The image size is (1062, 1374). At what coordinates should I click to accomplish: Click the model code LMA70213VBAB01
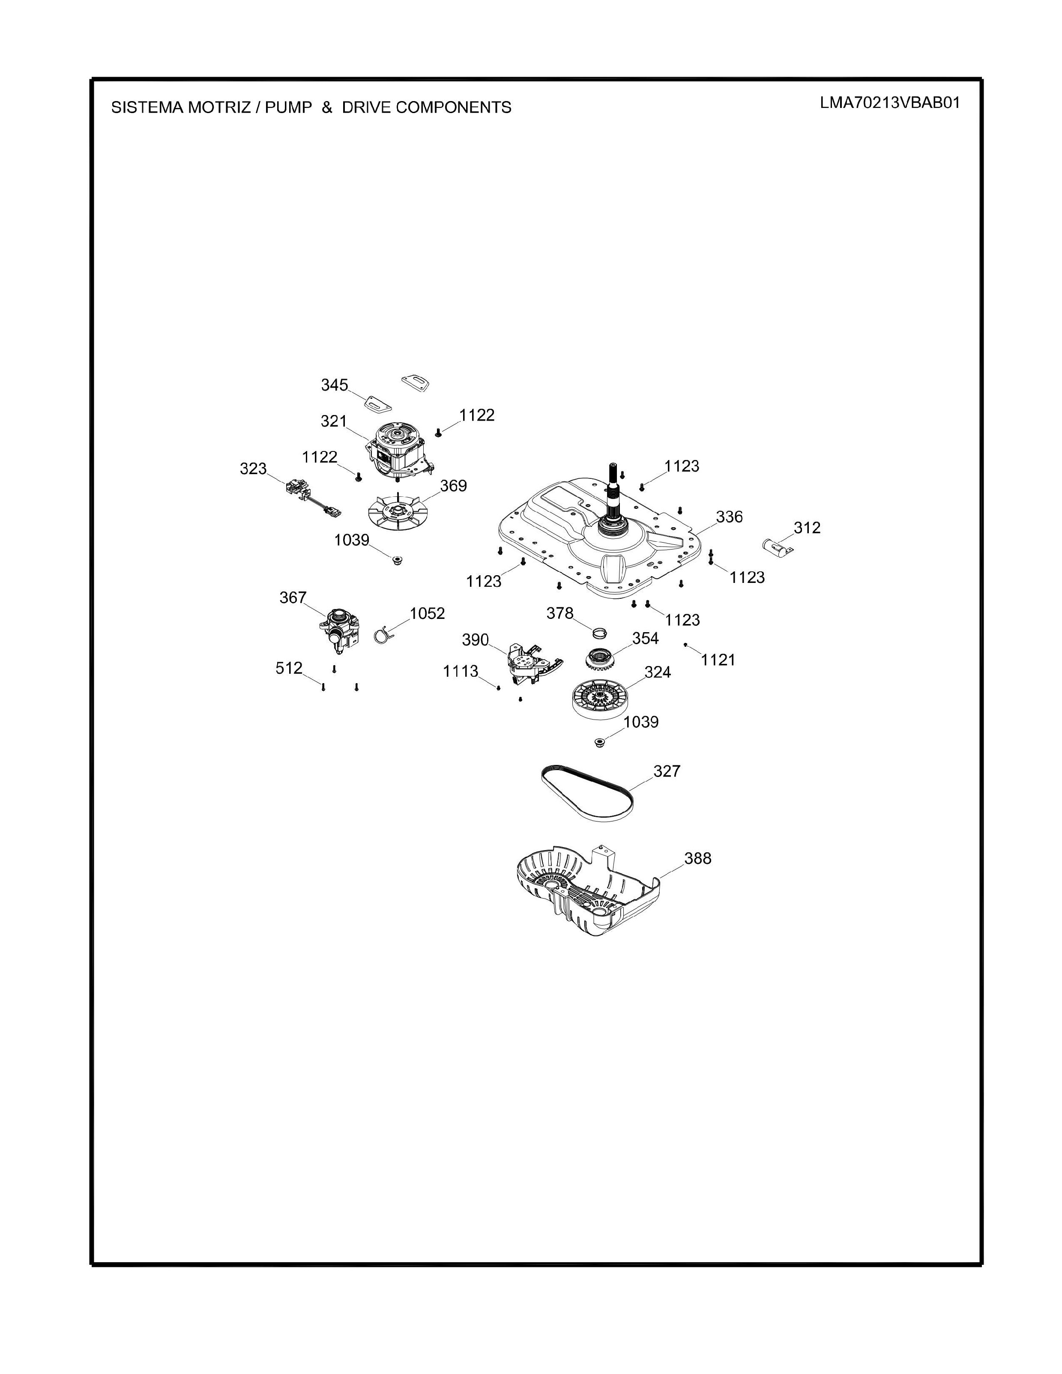click(890, 103)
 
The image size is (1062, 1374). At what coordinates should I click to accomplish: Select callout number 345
click(334, 385)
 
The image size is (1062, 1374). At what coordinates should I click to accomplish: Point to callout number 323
click(253, 469)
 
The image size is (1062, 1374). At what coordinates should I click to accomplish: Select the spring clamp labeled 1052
click(381, 636)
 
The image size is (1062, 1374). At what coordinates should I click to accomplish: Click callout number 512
click(289, 668)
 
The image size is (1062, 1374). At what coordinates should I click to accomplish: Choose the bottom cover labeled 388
click(585, 888)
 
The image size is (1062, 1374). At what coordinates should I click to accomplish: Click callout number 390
click(475, 640)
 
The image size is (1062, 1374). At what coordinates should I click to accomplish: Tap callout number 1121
click(718, 660)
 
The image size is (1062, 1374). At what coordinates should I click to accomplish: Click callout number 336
click(729, 517)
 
